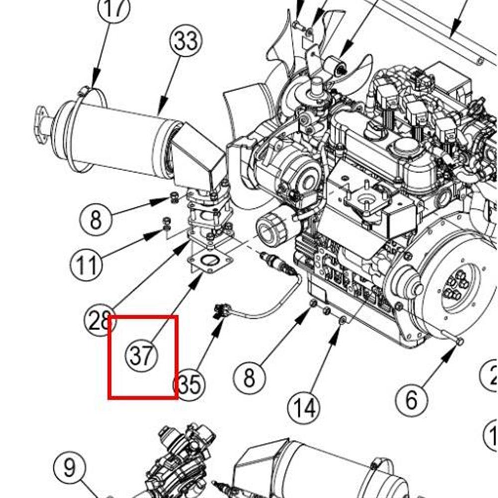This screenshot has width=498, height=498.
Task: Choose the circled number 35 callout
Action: [189, 384]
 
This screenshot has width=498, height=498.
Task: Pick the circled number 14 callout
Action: [304, 408]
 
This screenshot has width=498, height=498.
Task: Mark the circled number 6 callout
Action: [411, 399]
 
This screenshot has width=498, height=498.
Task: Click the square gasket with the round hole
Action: [209, 262]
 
